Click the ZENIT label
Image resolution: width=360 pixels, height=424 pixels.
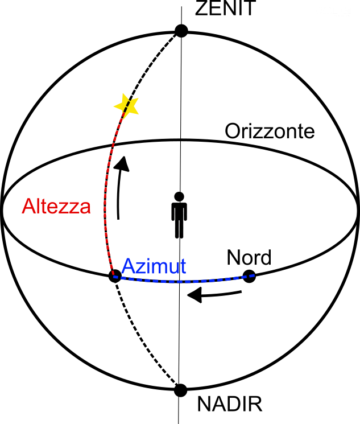225,8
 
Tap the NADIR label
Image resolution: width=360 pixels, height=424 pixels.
230,404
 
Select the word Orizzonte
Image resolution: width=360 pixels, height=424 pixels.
270,131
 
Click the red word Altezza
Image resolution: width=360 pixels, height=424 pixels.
56,207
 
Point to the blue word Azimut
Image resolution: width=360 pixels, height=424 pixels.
154,266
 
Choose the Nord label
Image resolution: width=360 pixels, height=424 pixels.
249,257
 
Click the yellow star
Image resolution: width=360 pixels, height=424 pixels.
126,105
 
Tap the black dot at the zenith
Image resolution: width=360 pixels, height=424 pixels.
181,31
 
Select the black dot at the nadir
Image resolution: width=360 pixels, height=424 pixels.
180,390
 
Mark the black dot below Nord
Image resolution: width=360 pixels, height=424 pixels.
249,276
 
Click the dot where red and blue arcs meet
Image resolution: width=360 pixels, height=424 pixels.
115,276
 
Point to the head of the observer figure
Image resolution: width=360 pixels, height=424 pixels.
179,196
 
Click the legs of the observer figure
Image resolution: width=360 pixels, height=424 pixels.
179,228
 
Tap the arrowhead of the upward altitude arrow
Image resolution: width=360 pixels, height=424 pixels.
123,163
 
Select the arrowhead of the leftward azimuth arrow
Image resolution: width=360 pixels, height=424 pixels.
195,295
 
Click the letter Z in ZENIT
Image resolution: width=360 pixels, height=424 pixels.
201,8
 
